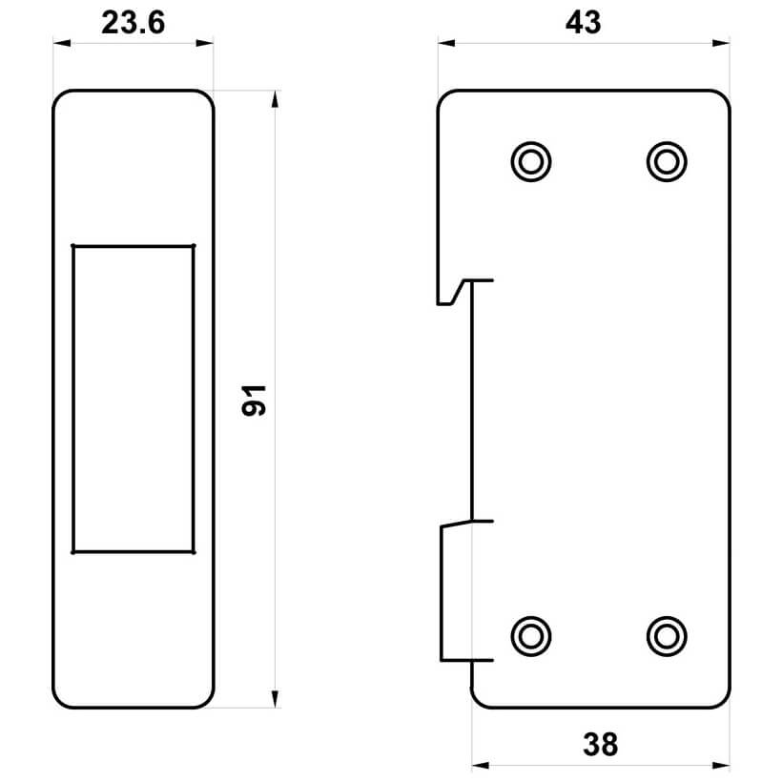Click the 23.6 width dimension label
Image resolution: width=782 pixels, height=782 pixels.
click(x=133, y=23)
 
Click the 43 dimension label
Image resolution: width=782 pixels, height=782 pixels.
click(x=583, y=23)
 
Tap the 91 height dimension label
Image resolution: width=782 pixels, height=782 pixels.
click(x=254, y=401)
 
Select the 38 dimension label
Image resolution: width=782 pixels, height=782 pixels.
click(x=600, y=745)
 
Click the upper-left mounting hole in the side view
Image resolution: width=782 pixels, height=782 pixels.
click(x=530, y=162)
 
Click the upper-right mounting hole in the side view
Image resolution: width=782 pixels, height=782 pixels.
click(x=667, y=162)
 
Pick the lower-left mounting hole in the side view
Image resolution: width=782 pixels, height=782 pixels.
click(x=530, y=636)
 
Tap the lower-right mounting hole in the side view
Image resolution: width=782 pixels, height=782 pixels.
click(x=667, y=636)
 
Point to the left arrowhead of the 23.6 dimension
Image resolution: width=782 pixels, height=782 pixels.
click(x=62, y=43)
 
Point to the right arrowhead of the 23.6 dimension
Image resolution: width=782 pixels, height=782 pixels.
click(x=204, y=43)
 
